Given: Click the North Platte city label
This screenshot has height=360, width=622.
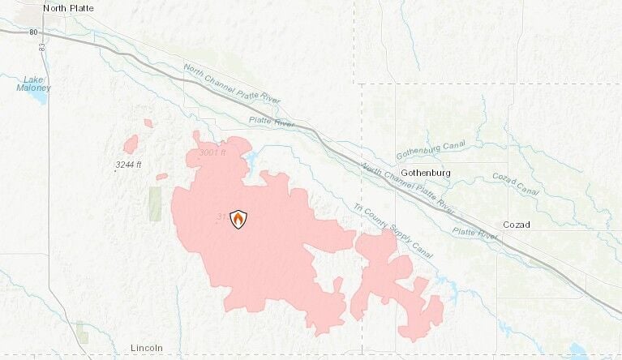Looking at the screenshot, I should [68, 8].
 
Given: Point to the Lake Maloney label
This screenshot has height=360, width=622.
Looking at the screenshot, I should [36, 84].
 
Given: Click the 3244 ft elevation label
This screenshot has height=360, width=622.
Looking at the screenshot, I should [128, 165].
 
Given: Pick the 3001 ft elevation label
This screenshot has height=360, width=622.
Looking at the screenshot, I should [213, 153].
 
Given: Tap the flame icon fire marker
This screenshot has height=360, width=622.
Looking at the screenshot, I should [238, 218].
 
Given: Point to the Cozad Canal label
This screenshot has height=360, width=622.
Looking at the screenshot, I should [515, 184].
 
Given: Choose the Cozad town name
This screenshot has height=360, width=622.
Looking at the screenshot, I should [516, 225].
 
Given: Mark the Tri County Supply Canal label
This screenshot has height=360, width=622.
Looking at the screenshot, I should [393, 226].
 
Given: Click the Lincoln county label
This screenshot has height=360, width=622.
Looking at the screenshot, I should [147, 348].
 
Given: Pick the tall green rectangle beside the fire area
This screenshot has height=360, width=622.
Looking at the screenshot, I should [155, 204].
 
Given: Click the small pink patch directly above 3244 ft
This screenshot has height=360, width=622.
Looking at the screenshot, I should [131, 144].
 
